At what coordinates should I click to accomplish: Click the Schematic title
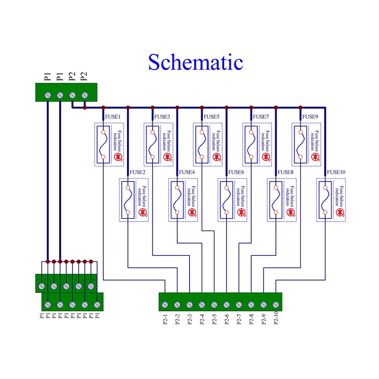click(x=195, y=62)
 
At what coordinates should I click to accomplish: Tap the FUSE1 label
click(x=112, y=117)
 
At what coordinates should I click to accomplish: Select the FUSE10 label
click(x=336, y=172)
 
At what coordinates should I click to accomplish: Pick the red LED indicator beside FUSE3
click(x=167, y=156)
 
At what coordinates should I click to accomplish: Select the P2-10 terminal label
click(x=276, y=322)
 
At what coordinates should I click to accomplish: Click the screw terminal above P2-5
click(x=214, y=305)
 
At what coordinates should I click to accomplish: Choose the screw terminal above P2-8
click(x=251, y=305)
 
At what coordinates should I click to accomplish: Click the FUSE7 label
click(x=261, y=117)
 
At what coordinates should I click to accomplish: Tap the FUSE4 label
click(x=187, y=172)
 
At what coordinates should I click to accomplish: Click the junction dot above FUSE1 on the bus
click(x=103, y=108)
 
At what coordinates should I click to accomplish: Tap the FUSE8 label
click(x=285, y=172)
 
